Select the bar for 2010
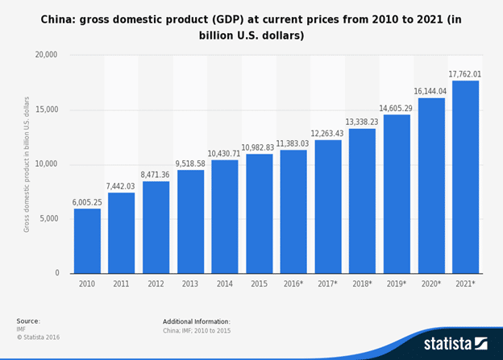(x=87, y=241)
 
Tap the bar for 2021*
(x=466, y=176)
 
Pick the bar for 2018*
(x=362, y=201)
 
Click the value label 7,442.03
(x=121, y=186)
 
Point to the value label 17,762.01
(x=466, y=74)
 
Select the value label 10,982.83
(x=259, y=147)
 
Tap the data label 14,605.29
(x=397, y=108)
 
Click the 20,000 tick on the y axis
(x=46, y=55)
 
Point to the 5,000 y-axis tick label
(x=48, y=219)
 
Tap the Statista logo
(x=455, y=343)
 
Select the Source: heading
(x=28, y=321)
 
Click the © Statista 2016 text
(x=38, y=337)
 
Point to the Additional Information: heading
(x=196, y=321)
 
